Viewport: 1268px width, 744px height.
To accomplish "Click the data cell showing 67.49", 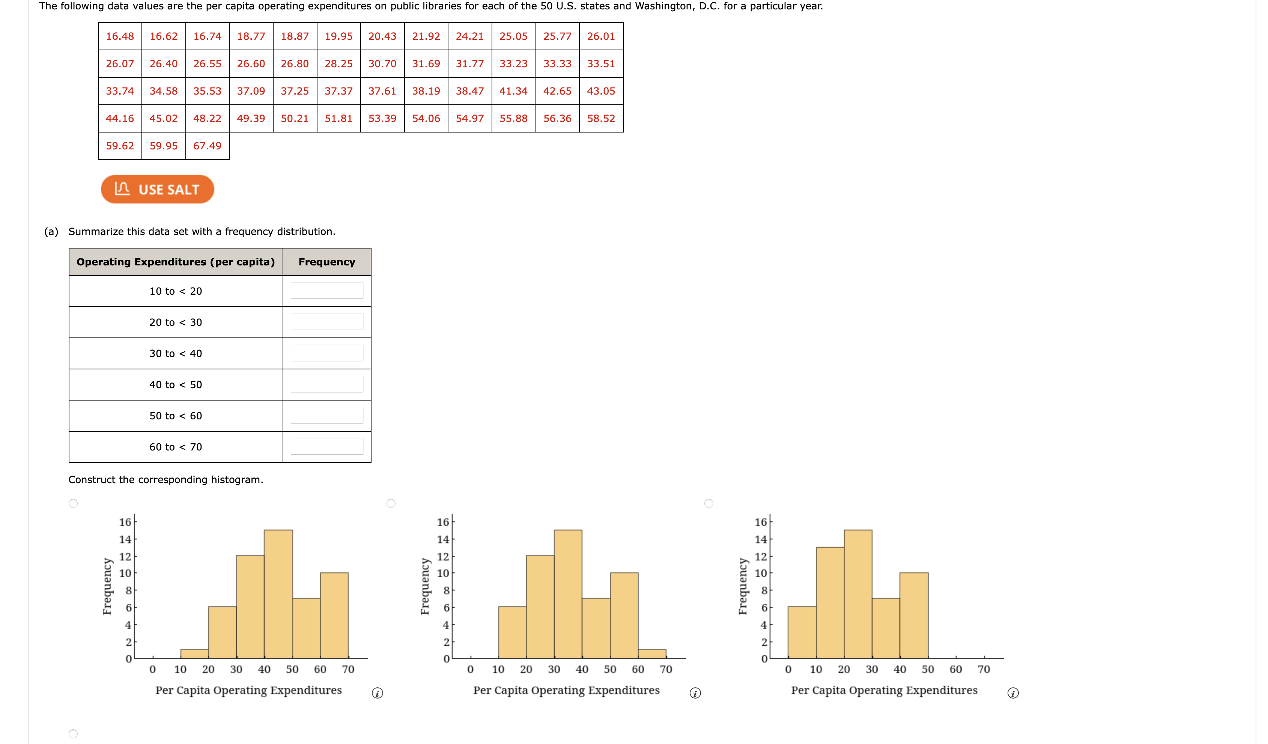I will [x=207, y=146].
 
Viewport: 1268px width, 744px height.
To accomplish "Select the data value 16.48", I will [x=120, y=36].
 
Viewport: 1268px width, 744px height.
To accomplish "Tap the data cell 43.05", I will [x=601, y=91].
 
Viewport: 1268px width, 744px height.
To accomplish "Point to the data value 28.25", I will [x=338, y=64].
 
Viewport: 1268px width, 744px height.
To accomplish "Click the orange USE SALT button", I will [x=158, y=189].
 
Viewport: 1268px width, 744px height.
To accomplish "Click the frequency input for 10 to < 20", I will [x=327, y=291].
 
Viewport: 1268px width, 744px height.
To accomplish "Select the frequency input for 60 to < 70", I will [x=327, y=446].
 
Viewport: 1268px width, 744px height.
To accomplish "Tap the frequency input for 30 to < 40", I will [x=327, y=353].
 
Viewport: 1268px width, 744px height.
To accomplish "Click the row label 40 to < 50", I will [x=176, y=385].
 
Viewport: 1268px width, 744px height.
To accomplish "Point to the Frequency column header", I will [x=326, y=262].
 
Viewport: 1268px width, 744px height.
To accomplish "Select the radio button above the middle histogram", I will [x=391, y=503].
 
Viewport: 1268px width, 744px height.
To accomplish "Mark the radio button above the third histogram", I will [x=709, y=503].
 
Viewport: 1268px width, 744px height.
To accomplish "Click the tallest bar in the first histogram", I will [x=278, y=594].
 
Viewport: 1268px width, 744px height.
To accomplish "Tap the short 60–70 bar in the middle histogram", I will [x=652, y=654].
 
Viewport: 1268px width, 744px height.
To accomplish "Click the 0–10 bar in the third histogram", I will [x=802, y=632].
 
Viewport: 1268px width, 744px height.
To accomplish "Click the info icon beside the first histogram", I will [x=378, y=693].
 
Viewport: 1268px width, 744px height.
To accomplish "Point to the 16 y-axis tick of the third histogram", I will [x=760, y=522].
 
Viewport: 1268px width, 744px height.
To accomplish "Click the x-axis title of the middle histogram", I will [x=566, y=690].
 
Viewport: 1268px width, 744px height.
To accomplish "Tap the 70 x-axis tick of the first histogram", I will [x=348, y=670].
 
